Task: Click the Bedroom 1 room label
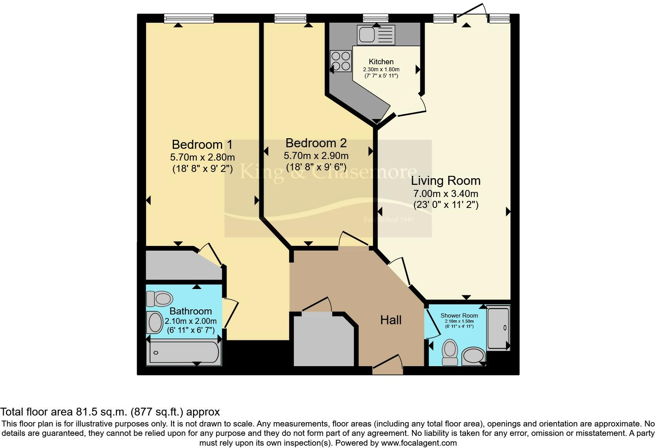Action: (x=202, y=145)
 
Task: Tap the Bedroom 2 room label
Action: (x=316, y=143)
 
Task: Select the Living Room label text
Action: (x=445, y=181)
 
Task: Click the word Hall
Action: (x=391, y=320)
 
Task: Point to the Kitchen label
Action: (x=381, y=62)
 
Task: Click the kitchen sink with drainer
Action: (x=376, y=35)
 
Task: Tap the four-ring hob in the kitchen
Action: (x=340, y=61)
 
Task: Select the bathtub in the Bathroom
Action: (x=184, y=353)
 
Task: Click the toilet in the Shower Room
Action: (x=449, y=352)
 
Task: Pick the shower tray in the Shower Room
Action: (x=498, y=328)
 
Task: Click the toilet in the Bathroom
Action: (x=160, y=299)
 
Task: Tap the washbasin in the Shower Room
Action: (x=474, y=356)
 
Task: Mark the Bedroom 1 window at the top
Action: (x=188, y=18)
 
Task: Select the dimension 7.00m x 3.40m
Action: (x=445, y=194)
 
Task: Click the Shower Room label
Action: (x=459, y=316)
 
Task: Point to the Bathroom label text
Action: (x=190, y=311)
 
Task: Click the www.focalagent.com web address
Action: (x=419, y=443)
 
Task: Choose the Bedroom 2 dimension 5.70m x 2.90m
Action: (x=316, y=156)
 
